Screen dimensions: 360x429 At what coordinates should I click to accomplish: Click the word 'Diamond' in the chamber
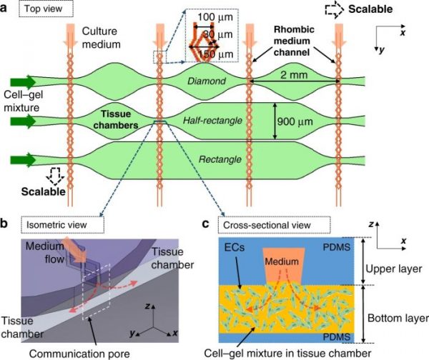(x=206, y=81)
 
